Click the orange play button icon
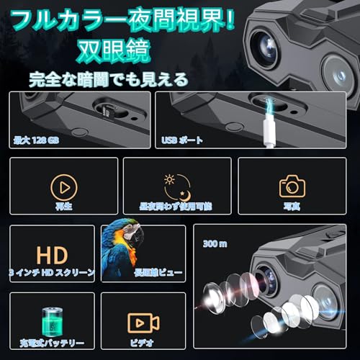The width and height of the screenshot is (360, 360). pyautogui.click(x=64, y=188)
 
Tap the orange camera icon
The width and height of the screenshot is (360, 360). pyautogui.click(x=292, y=186)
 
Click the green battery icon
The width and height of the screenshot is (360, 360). pyautogui.click(x=50, y=317)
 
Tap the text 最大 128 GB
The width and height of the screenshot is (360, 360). pyautogui.click(x=37, y=140)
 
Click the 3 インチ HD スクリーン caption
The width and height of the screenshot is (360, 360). pyautogui.click(x=53, y=272)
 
